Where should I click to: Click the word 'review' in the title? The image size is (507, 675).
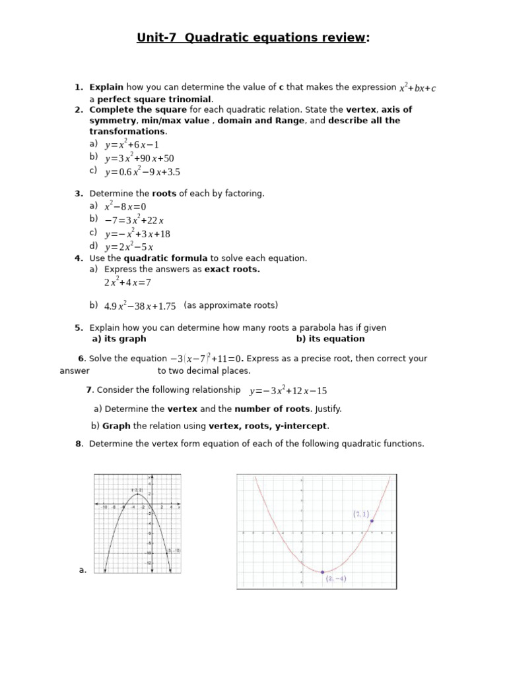click(x=337, y=38)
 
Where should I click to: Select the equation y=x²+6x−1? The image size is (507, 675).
click(x=132, y=144)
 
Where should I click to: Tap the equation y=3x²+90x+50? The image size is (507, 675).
click(x=139, y=158)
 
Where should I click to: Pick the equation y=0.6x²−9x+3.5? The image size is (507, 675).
click(x=142, y=172)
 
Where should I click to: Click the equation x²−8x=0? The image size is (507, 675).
click(x=125, y=206)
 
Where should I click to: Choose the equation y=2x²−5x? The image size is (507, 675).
click(x=129, y=247)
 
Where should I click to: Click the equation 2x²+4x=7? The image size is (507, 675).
click(x=127, y=282)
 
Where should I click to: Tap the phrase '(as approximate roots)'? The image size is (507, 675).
click(x=230, y=305)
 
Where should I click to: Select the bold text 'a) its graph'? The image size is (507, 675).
click(x=119, y=339)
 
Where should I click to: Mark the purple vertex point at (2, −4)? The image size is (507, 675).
click(x=323, y=572)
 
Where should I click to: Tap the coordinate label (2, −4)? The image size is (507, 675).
click(x=335, y=579)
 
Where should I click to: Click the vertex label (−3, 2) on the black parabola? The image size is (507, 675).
click(x=137, y=490)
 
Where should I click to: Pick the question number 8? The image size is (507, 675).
click(x=79, y=444)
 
